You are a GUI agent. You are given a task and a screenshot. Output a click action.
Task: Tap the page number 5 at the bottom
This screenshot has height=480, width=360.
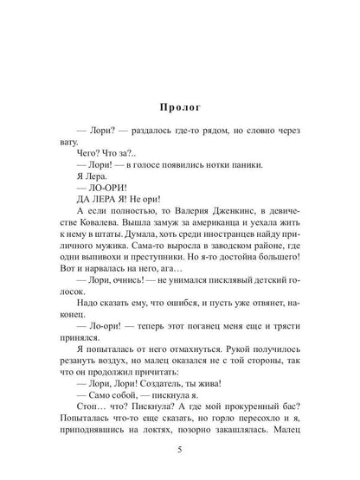point(180,448)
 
